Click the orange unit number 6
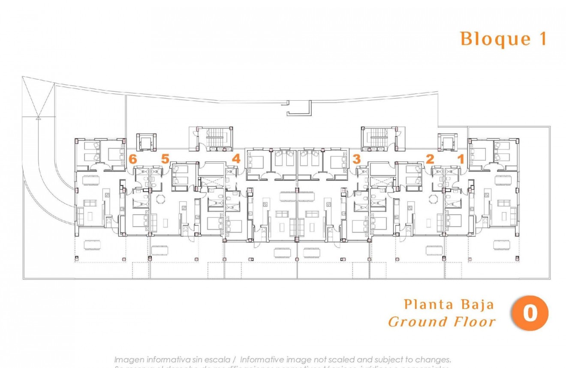(x=133, y=159)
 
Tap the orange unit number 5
(x=166, y=159)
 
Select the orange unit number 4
(x=236, y=159)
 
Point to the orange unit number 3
(x=356, y=159)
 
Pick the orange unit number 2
(x=430, y=159)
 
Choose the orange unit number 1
(x=461, y=159)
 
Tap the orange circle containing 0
(x=530, y=313)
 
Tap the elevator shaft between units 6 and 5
(x=146, y=142)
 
